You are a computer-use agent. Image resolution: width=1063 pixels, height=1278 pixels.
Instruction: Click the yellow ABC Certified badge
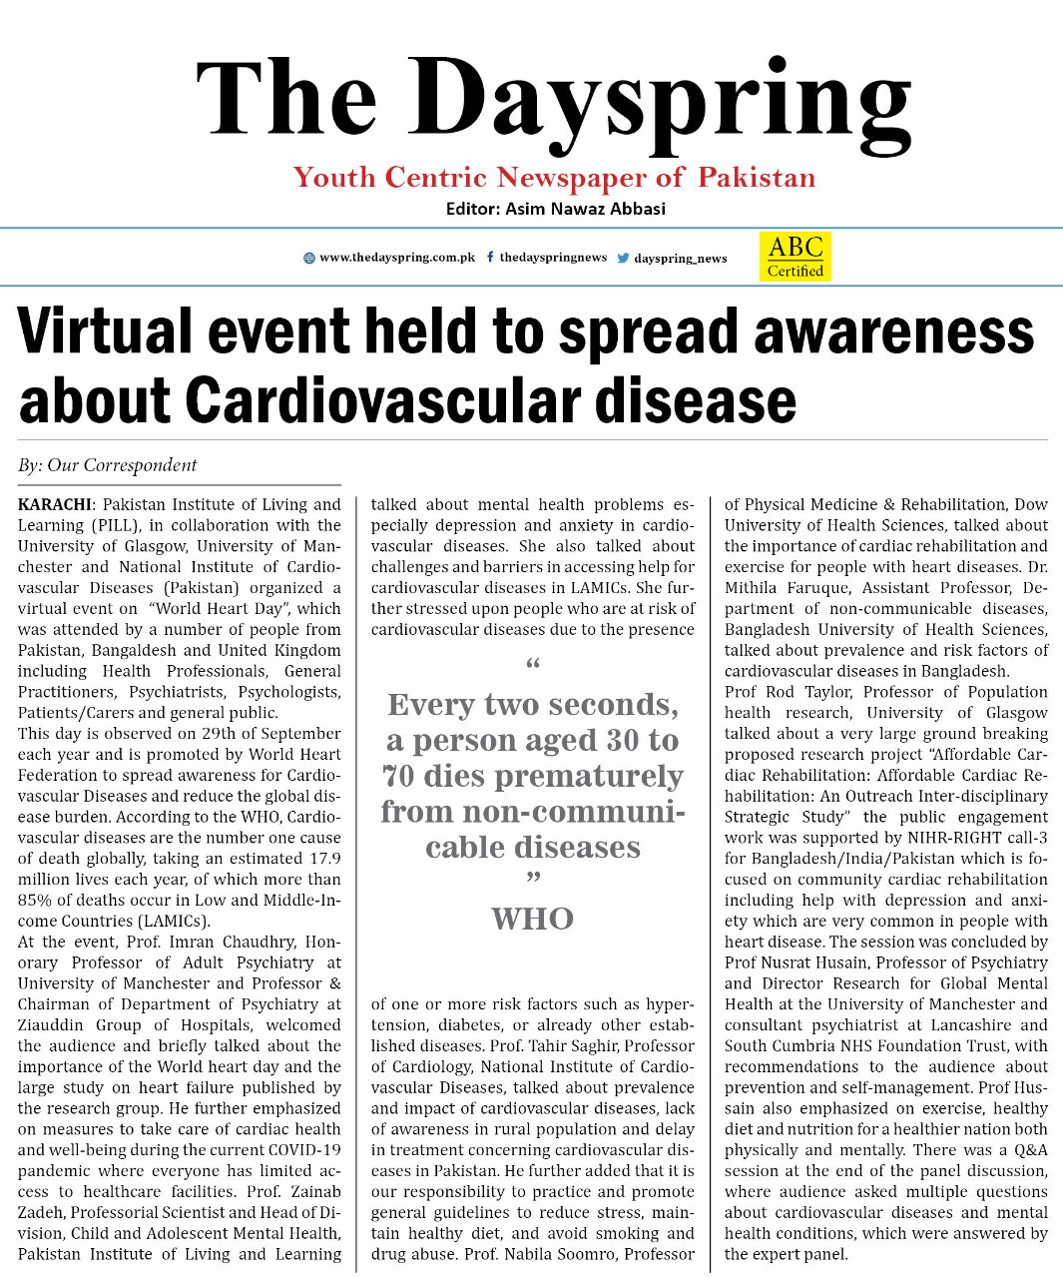click(x=795, y=257)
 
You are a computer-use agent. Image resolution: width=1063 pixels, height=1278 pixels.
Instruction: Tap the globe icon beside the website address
click(x=309, y=258)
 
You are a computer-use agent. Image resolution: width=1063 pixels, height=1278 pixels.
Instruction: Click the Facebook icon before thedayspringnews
click(x=490, y=257)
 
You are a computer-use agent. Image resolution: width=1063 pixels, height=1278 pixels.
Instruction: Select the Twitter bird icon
click(x=623, y=258)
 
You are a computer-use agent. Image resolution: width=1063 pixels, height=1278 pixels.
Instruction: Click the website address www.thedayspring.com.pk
click(x=397, y=258)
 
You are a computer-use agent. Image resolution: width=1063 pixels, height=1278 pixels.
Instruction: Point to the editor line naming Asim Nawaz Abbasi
click(x=555, y=209)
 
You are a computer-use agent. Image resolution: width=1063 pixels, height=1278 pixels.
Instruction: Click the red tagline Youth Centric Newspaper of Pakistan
click(x=554, y=178)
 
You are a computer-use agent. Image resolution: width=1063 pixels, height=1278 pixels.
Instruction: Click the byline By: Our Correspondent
click(x=107, y=465)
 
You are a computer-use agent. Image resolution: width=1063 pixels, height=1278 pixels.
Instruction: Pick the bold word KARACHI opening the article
click(x=54, y=504)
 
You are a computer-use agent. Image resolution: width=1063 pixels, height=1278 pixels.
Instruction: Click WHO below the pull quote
click(x=532, y=919)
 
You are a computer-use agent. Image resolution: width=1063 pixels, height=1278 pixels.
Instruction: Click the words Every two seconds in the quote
click(x=532, y=705)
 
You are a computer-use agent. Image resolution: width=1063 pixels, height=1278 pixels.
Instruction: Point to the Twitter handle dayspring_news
click(x=681, y=258)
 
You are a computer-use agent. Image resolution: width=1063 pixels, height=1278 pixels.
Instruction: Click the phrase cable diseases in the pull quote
click(x=532, y=848)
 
